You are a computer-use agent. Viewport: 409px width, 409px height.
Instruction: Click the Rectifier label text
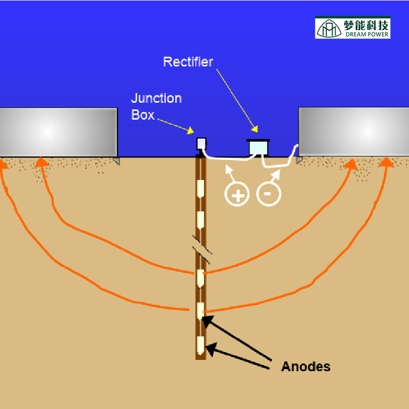pos(188,62)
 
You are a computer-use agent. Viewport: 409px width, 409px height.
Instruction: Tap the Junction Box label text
pos(156,106)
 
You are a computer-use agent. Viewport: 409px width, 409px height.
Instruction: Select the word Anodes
pos(306,367)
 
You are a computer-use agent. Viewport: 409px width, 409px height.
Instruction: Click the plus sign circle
pos(237,194)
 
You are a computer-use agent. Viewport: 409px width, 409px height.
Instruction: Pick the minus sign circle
pos(268,194)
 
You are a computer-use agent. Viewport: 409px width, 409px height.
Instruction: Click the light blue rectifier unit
pos(258,148)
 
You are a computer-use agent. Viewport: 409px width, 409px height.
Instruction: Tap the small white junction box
pos(201,143)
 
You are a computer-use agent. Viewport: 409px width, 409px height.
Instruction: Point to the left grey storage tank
pos(58,131)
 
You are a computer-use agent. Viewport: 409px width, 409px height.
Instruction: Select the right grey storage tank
pos(353,131)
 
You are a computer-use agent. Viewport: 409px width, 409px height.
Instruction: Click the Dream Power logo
pos(353,28)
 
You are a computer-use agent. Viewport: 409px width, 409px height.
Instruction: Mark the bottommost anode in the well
pos(201,346)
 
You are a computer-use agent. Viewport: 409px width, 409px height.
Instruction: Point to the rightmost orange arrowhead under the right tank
pos(388,163)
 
